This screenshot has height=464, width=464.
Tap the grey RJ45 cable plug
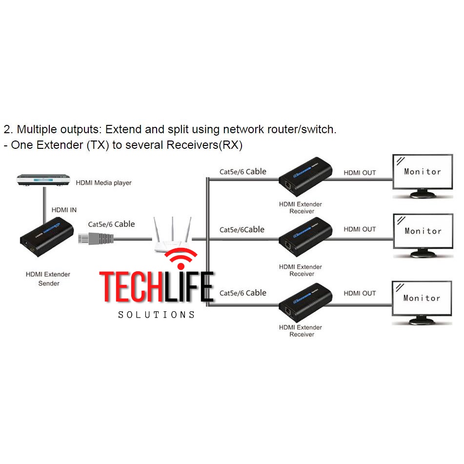tap(96, 239)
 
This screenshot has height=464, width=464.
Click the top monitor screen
tap(423, 171)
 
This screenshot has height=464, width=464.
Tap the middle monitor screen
tap(423, 231)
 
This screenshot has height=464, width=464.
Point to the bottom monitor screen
tap(422, 298)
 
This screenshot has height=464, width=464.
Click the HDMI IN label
tap(64, 210)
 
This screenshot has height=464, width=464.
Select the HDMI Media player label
tap(103, 183)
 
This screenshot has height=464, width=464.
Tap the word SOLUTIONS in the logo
tap(156, 315)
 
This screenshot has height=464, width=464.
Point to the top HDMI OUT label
tap(360, 173)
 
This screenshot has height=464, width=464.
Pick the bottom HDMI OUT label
tap(360, 293)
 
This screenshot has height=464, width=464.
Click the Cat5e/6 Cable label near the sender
tap(111, 224)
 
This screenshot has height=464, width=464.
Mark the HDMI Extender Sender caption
tap(48, 279)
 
